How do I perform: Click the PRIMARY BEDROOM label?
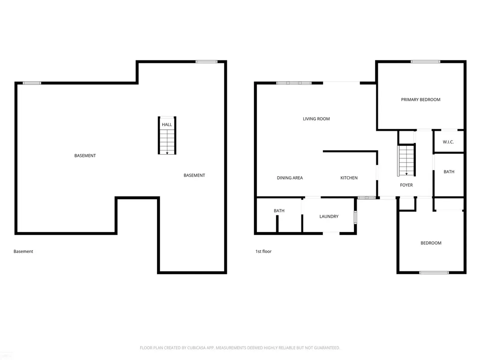[x=420, y=99]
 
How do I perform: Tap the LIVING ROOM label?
[x=316, y=119]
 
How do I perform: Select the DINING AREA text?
[x=290, y=178]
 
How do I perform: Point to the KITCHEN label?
[x=349, y=178]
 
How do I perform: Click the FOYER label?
[x=406, y=185]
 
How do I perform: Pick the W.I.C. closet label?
[x=448, y=142]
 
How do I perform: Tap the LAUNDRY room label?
[x=329, y=217]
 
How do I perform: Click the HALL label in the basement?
[x=167, y=125]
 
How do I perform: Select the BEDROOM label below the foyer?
[x=431, y=243]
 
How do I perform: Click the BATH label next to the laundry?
[x=279, y=210]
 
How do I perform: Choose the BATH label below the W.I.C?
[x=449, y=172]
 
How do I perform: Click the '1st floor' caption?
[x=263, y=251]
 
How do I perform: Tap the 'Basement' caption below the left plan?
[x=23, y=251]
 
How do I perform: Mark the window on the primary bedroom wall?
[x=426, y=61]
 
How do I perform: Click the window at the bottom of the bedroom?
[x=434, y=272]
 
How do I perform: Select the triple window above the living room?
[x=294, y=83]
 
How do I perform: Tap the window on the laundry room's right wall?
[x=355, y=217]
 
